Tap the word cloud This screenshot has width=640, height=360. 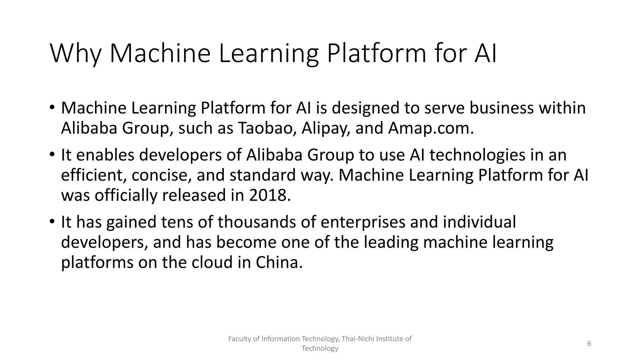pyautogui.click(x=212, y=262)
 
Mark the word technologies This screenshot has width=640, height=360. pyautogui.click(x=477, y=155)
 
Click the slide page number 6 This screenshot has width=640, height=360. pyautogui.click(x=589, y=344)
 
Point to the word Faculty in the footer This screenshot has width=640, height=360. pyautogui.click(x=238, y=339)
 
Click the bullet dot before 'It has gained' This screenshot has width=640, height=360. pyautogui.click(x=52, y=222)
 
